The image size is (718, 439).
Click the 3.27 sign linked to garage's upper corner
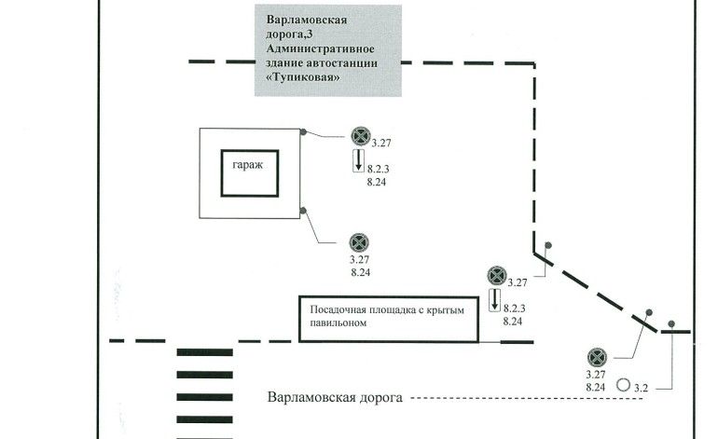click(361, 136)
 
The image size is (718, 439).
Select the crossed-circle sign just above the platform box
click(496, 276)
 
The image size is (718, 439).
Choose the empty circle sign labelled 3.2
click(622, 382)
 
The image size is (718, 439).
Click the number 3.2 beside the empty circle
click(641, 386)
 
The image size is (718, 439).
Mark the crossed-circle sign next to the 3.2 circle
click(598, 357)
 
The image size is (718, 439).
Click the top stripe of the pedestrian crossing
click(203, 352)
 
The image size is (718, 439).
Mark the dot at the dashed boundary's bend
click(549, 246)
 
